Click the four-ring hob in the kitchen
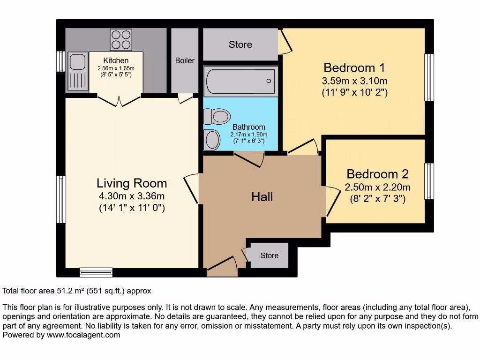[121, 40]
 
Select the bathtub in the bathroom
[240, 81]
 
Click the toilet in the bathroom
[217, 116]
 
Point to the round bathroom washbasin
[212, 140]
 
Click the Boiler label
[185, 60]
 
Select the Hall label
[262, 197]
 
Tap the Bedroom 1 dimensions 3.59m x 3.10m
[354, 81]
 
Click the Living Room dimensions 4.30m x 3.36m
[132, 196]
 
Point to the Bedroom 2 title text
[377, 174]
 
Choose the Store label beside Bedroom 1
[240, 45]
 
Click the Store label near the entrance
[270, 255]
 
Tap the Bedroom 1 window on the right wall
[429, 77]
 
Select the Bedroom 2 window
[429, 181]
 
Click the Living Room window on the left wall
[61, 199]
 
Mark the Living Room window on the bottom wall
[96, 272]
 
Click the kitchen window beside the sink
[61, 61]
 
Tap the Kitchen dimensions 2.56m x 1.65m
[116, 68]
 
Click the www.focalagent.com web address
[83, 335]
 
